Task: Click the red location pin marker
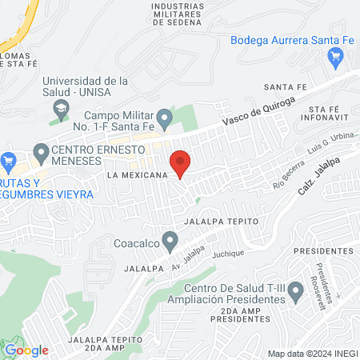tap(181, 163)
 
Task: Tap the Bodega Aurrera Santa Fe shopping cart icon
tap(336, 56)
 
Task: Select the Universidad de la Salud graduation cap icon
tap(61, 107)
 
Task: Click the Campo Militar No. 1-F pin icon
tap(164, 121)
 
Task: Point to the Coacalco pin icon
tap(170, 240)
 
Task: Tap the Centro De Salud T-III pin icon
tap(296, 294)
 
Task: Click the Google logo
tap(26, 350)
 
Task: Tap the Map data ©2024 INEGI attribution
tap(311, 354)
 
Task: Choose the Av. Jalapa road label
tap(182, 262)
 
